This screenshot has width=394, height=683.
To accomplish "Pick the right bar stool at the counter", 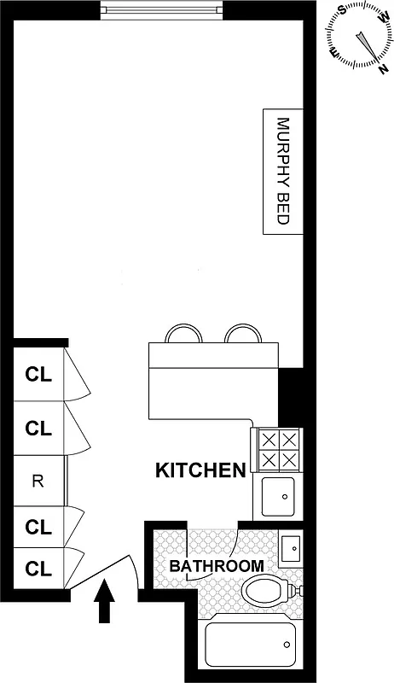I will point(241,333).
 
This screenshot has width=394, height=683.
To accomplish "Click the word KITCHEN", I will point(200,470).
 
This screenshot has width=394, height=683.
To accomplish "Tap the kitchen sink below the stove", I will point(280,496).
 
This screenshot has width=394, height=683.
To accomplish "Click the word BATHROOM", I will point(216,566).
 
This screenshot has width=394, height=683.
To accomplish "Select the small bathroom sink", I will point(290,546).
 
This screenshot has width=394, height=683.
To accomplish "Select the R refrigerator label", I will point(37,481).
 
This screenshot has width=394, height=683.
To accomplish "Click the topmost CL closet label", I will point(38,373).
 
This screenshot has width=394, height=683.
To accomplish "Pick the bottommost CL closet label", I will point(38,567).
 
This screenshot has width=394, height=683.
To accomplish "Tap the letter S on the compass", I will point(342,10).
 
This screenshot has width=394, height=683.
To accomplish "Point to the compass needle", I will point(362,43).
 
